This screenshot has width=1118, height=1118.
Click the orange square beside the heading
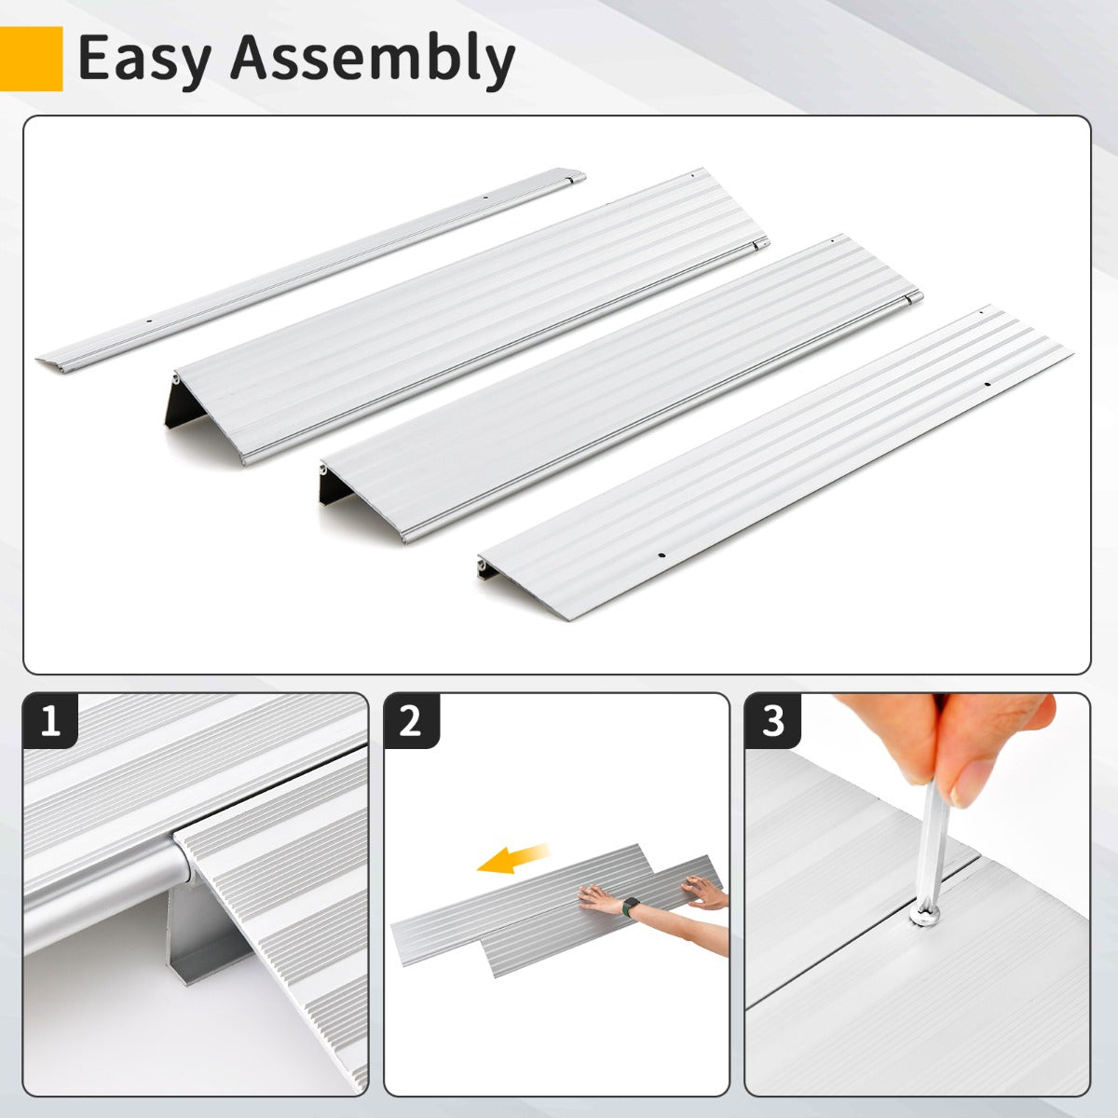[x=31, y=59]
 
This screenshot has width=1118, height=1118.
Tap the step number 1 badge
[x=51, y=721]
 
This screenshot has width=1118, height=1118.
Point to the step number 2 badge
[x=411, y=721]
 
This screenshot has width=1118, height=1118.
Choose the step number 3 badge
[x=772, y=721]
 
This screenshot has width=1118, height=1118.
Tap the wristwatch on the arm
[x=632, y=906]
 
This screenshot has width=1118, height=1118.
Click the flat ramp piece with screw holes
[x=773, y=466]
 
